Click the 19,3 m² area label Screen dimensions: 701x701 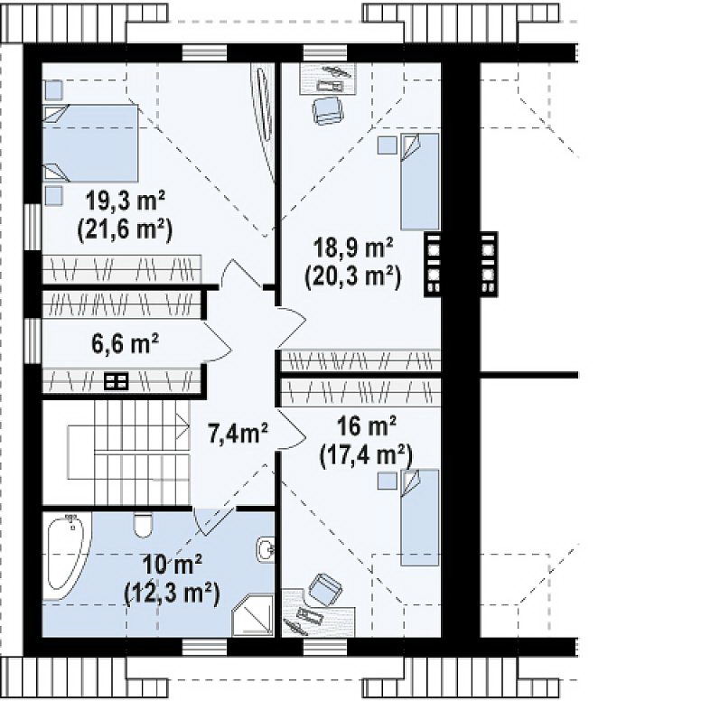click(126, 201)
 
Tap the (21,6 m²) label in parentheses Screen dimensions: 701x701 click(126, 230)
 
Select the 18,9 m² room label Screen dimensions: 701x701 click(353, 248)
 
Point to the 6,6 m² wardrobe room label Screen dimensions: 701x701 click(126, 344)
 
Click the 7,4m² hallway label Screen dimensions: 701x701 click(238, 434)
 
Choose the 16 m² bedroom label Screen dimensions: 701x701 click(366, 426)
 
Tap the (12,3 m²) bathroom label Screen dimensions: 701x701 click(173, 594)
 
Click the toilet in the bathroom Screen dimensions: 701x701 click(143, 525)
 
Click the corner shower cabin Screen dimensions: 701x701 click(253, 615)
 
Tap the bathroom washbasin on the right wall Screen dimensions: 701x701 click(266, 548)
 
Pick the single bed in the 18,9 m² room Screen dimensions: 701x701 click(420, 182)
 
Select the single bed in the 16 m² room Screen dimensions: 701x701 click(420, 518)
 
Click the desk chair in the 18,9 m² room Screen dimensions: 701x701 click(328, 110)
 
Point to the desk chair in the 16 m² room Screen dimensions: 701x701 click(325, 588)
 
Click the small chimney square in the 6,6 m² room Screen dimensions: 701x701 click(117, 382)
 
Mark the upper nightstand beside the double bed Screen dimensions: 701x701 click(53, 89)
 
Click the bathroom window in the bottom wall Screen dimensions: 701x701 click(205, 647)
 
